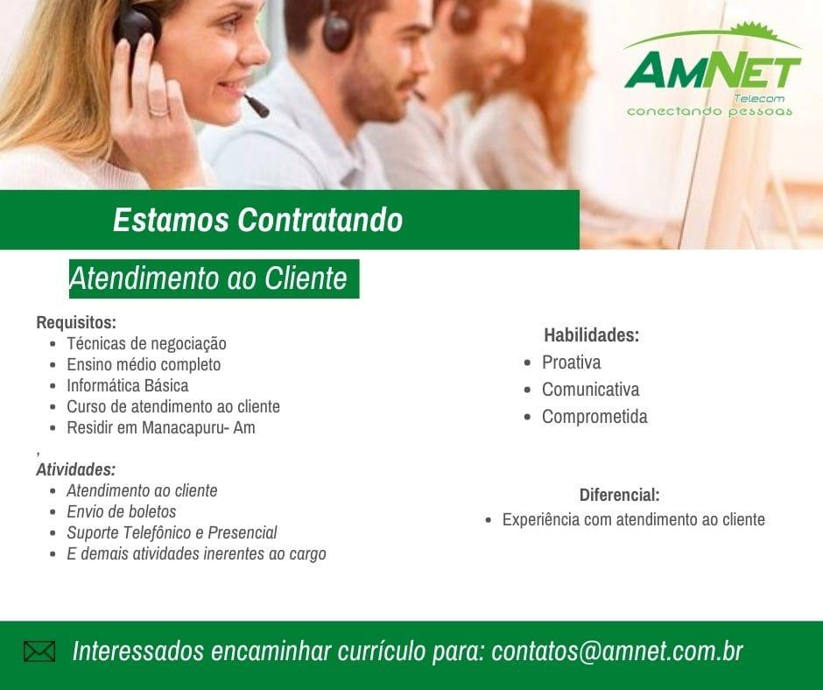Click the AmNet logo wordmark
pos(713,69)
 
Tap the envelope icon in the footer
pos(39,651)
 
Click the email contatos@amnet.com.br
pos(617,651)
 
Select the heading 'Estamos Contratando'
pos(257,220)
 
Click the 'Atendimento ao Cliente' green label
pos(215,278)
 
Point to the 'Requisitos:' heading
pos(76,322)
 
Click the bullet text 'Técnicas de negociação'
pos(146,343)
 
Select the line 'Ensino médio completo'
pos(144,364)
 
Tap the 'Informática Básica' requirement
pos(128,385)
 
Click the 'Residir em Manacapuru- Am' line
pos(161,427)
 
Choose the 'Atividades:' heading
pos(76,469)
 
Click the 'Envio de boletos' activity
pos(121,511)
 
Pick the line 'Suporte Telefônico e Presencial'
pos(172,532)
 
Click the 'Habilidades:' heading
pos(592,335)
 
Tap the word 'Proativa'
pos(572,363)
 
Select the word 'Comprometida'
pos(594,417)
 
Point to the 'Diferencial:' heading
pos(619,495)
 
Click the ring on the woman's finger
pos(158,111)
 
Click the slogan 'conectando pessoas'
pos(710,111)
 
